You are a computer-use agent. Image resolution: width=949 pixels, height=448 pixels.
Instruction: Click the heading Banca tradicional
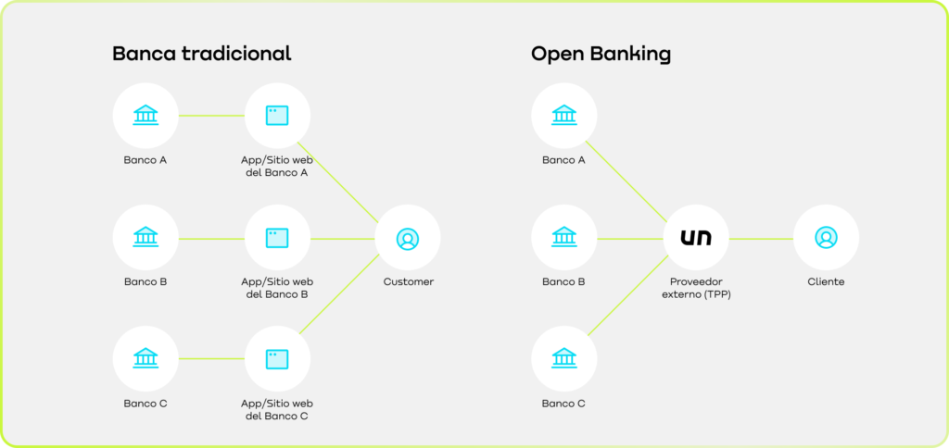[201, 54]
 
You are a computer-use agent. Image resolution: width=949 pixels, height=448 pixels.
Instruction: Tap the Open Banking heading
[601, 54]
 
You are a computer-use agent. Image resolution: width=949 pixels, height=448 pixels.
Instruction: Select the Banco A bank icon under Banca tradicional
[146, 116]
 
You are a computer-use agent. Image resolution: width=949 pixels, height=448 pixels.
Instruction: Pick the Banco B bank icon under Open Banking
[563, 238]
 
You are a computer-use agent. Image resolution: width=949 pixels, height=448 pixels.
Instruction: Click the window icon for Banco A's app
[277, 116]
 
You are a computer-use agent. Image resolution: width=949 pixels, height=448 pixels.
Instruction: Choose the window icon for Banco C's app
[277, 358]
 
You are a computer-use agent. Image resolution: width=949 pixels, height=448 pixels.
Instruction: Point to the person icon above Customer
[408, 238]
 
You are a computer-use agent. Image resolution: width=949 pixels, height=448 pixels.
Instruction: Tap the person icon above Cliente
[826, 238]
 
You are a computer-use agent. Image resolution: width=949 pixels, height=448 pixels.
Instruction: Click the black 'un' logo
[696, 238]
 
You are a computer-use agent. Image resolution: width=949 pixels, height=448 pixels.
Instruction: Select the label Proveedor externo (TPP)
[696, 288]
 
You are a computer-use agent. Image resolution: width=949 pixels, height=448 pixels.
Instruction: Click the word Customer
[408, 281]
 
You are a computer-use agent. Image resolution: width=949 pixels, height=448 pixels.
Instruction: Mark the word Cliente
[826, 281]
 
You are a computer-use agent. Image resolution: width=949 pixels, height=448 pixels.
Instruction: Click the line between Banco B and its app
[211, 239]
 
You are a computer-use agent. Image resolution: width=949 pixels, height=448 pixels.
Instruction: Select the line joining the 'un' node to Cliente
[761, 239]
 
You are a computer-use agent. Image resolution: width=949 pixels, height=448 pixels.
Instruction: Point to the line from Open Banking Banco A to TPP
[630, 177]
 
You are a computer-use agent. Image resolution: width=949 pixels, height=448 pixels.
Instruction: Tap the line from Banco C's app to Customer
[343, 297]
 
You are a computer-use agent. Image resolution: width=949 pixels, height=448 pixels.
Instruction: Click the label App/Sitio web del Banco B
[277, 288]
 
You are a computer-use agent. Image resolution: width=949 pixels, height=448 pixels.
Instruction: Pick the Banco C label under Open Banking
[563, 404]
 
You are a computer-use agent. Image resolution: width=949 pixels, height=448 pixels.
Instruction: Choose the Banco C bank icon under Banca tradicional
[146, 358]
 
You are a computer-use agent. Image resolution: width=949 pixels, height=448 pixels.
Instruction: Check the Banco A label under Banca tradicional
[146, 160]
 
